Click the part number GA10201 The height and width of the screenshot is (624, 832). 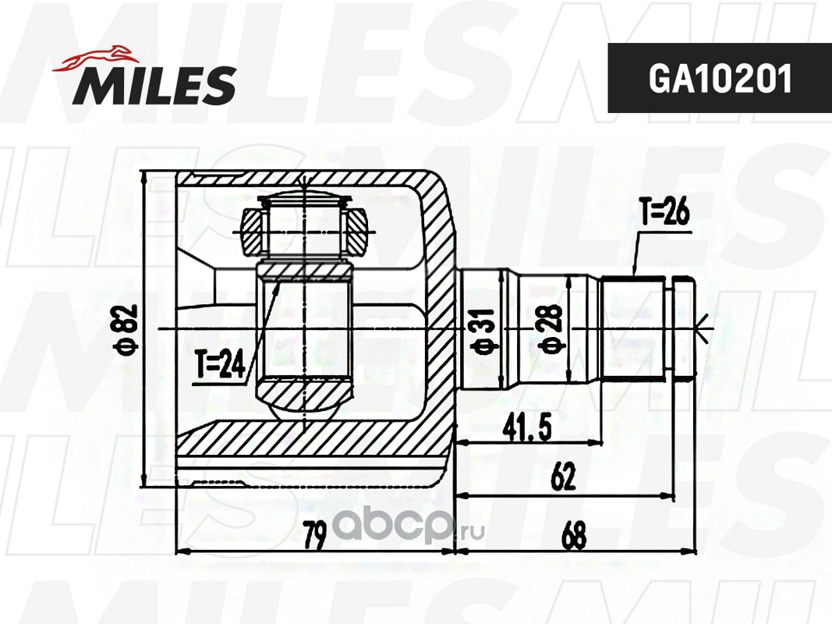coord(720,79)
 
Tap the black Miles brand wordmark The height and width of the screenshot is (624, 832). coord(154,84)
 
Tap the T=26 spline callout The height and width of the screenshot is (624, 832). coord(664,213)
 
